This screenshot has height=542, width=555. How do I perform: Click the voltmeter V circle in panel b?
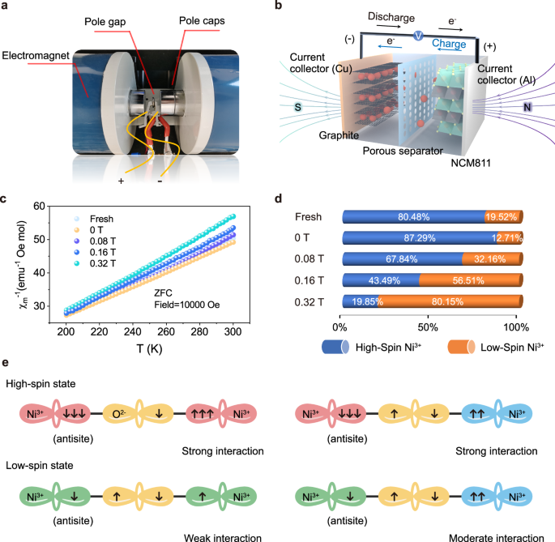point(417,35)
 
